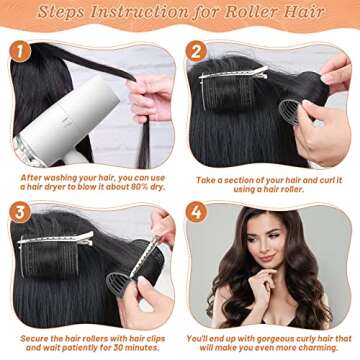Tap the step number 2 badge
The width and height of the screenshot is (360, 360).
click(x=198, y=49)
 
